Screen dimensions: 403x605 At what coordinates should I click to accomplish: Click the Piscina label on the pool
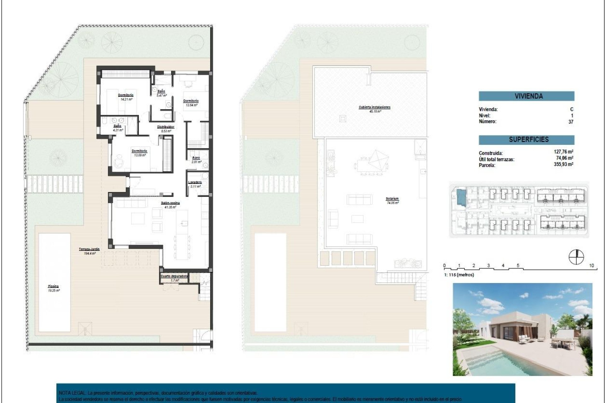pyautogui.click(x=53, y=286)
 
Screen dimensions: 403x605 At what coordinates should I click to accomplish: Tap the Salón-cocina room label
pyautogui.click(x=170, y=203)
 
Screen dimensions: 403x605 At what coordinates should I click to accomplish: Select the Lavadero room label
pyautogui.click(x=195, y=182)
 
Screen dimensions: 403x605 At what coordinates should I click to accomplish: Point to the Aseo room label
pyautogui.click(x=196, y=158)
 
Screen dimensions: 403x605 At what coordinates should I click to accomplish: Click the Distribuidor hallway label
pyautogui.click(x=165, y=127)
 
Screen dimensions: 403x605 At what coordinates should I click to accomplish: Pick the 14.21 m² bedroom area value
pyautogui.click(x=126, y=99)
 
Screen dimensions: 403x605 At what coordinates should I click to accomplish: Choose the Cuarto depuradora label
pyautogui.click(x=174, y=276)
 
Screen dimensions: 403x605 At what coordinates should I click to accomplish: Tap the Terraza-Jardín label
pyautogui.click(x=89, y=249)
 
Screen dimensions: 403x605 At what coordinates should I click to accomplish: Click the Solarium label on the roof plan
pyautogui.click(x=392, y=199)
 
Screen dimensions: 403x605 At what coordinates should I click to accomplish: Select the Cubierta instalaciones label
pyautogui.click(x=374, y=107)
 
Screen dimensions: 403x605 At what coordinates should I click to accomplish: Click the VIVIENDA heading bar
pyautogui.click(x=526, y=96)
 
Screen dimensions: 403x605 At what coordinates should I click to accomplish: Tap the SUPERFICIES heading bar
pyautogui.click(x=526, y=139)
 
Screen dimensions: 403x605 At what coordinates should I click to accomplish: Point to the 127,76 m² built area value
pyautogui.click(x=563, y=152)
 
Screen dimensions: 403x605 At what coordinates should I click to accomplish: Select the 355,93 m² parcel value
pyautogui.click(x=563, y=164)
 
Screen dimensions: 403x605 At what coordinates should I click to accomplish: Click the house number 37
pyautogui.click(x=571, y=122)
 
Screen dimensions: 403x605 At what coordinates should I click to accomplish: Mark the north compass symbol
pyautogui.click(x=576, y=257)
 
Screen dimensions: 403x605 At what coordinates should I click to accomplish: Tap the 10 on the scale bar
pyautogui.click(x=591, y=265)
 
